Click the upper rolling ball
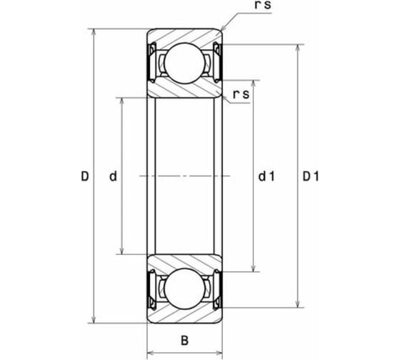(x=184, y=63)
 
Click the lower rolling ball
(x=184, y=289)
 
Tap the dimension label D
(x=85, y=176)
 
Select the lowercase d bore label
(x=113, y=176)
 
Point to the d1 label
(x=266, y=176)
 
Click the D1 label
(x=311, y=176)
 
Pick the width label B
(x=184, y=341)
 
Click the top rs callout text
(x=263, y=5)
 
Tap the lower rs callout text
(x=241, y=94)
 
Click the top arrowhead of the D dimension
(x=94, y=32)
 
